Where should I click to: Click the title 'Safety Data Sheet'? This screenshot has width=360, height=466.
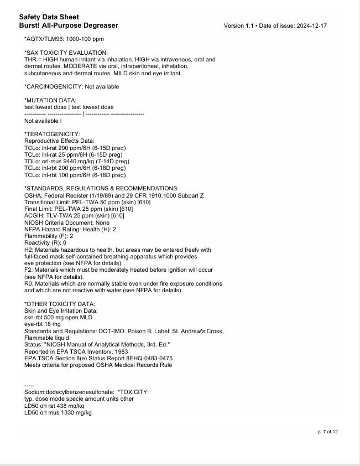point(49,17)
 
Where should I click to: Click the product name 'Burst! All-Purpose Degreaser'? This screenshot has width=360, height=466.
point(68,25)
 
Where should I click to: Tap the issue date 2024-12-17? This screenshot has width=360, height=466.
point(313,26)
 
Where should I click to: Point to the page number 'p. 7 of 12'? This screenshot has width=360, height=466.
point(327,432)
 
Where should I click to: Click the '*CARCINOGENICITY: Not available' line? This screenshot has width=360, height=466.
point(71,87)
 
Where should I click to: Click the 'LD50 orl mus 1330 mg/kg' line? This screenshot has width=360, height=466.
point(58,412)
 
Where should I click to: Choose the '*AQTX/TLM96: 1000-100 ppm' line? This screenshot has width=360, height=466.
point(64,39)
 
